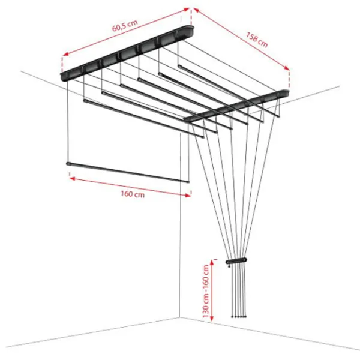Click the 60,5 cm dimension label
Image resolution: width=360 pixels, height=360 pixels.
pos(125,25)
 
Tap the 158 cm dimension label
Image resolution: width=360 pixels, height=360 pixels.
pos(257,40)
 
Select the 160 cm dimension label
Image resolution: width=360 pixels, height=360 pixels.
pos(133,194)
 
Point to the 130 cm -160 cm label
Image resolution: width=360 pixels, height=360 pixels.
pos(206,291)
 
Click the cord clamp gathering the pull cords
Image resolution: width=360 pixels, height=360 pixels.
pos(236,261)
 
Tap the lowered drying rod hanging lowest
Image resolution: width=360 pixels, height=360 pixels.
pos(128,172)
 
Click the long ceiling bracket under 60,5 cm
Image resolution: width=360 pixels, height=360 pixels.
pos(127,53)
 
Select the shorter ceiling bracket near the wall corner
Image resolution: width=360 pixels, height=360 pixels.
pos(236,105)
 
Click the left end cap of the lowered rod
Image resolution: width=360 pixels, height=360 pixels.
pos(68,164)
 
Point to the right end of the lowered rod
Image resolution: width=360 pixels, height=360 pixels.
pos(188,182)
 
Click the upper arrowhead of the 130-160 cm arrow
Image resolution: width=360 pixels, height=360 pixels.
pos(212,262)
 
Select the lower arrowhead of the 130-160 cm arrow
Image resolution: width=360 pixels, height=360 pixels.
pos(212,318)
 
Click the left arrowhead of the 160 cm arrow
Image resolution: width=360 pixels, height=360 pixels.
pos(72,178)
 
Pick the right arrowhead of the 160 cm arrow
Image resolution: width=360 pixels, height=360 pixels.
pos(188,196)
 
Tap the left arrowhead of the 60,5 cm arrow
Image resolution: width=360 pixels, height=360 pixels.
pos(65,54)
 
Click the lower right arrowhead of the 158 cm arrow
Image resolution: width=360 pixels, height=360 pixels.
pos(287,68)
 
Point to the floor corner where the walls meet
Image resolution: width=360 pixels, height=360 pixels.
pos(180,317)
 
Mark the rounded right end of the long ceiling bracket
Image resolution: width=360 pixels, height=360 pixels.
pos(191,29)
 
